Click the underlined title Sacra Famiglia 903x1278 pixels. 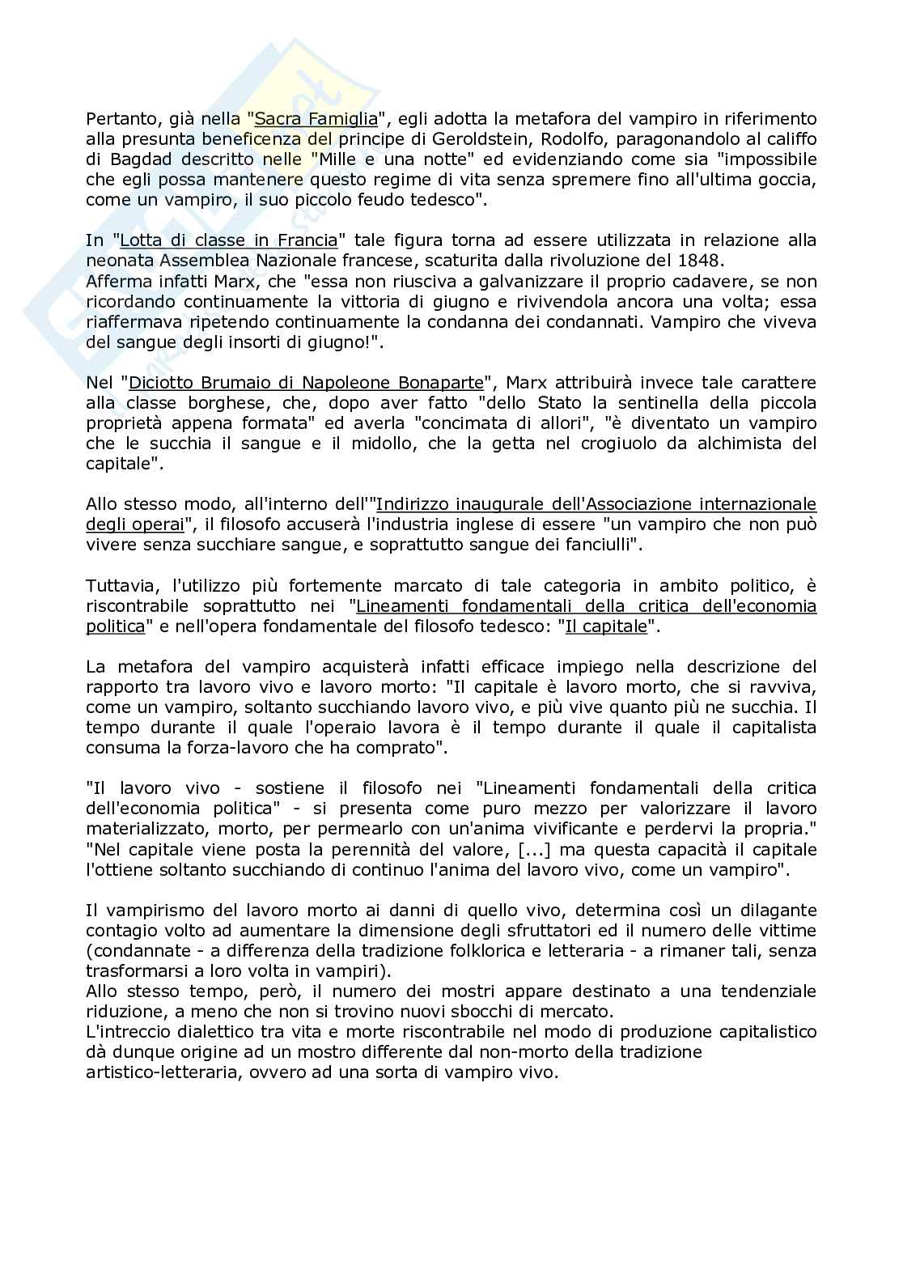click(x=316, y=120)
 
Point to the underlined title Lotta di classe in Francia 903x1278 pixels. click(x=229, y=240)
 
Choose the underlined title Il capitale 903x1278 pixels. click(x=607, y=626)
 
